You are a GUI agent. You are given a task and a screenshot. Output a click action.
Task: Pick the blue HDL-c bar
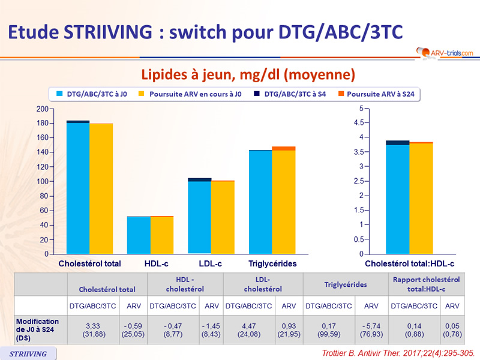pos(139,235)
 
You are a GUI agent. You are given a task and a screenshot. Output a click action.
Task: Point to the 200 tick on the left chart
pos(42,109)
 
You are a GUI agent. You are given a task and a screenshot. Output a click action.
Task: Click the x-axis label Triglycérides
pos(272,263)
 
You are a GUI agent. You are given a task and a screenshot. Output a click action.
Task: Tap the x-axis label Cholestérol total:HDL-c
pos(410,263)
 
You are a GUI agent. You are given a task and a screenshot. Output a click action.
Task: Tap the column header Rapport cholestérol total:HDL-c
pos(426,284)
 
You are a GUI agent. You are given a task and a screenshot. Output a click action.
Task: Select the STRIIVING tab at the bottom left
pos(29,353)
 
